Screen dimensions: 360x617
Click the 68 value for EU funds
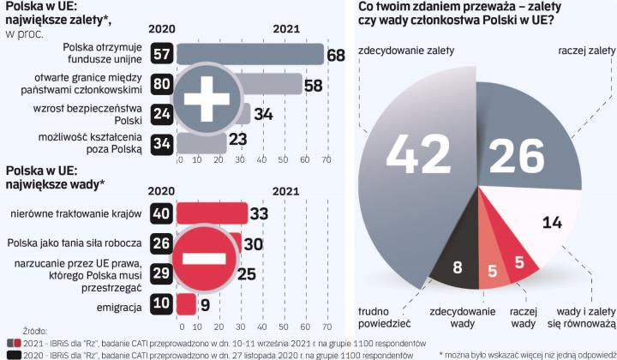(x=335, y=56)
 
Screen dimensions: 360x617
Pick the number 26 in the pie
(x=516, y=157)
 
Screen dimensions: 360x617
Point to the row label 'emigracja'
(x=118, y=303)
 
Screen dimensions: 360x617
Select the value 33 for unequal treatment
(x=260, y=213)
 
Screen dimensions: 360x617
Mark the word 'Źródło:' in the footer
(x=35, y=328)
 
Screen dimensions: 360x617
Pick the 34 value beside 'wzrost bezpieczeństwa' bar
(x=263, y=114)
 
